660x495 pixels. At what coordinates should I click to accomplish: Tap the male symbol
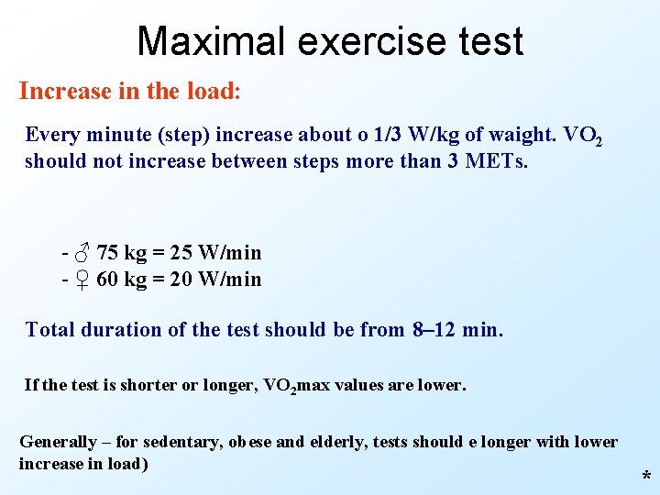point(82,252)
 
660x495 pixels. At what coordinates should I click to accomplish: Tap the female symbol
point(82,279)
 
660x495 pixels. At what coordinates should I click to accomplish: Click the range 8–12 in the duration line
point(434,329)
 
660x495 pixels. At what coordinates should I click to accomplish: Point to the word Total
point(49,329)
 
